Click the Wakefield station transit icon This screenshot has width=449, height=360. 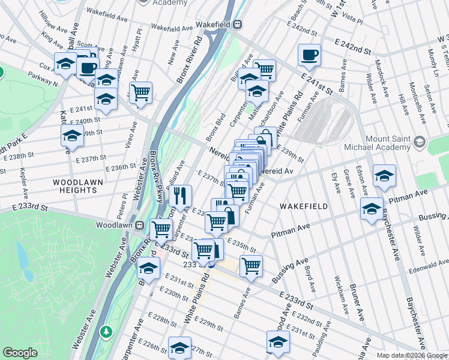[x=238, y=25]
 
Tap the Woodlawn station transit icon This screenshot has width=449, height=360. [x=139, y=226]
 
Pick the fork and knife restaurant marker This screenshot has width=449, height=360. [x=179, y=194]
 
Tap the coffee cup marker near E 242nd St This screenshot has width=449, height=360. [x=309, y=55]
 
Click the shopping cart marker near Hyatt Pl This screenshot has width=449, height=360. [x=140, y=93]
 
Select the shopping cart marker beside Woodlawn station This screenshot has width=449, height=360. [x=161, y=229]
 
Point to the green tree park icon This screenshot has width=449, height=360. [x=106, y=331]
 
